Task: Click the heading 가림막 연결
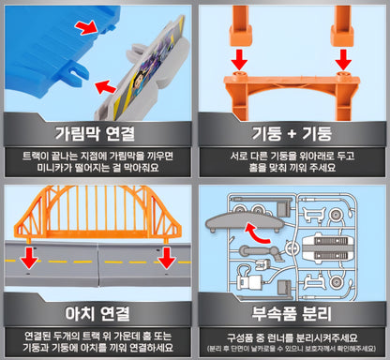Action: (x=95, y=133)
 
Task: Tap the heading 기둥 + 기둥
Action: (x=292, y=133)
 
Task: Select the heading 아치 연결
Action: (x=97, y=313)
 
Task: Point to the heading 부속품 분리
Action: (x=292, y=313)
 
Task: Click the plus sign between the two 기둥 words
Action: (x=292, y=134)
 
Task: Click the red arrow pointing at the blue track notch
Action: (x=87, y=27)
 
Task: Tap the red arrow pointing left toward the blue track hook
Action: (x=106, y=86)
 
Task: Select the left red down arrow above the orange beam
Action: (x=239, y=59)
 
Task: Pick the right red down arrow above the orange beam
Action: (x=343, y=59)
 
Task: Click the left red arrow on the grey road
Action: (x=29, y=258)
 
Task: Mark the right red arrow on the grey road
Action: (x=167, y=258)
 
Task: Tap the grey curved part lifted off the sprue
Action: (x=245, y=221)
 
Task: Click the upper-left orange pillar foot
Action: (x=241, y=35)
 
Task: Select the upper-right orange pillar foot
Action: (x=342, y=35)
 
